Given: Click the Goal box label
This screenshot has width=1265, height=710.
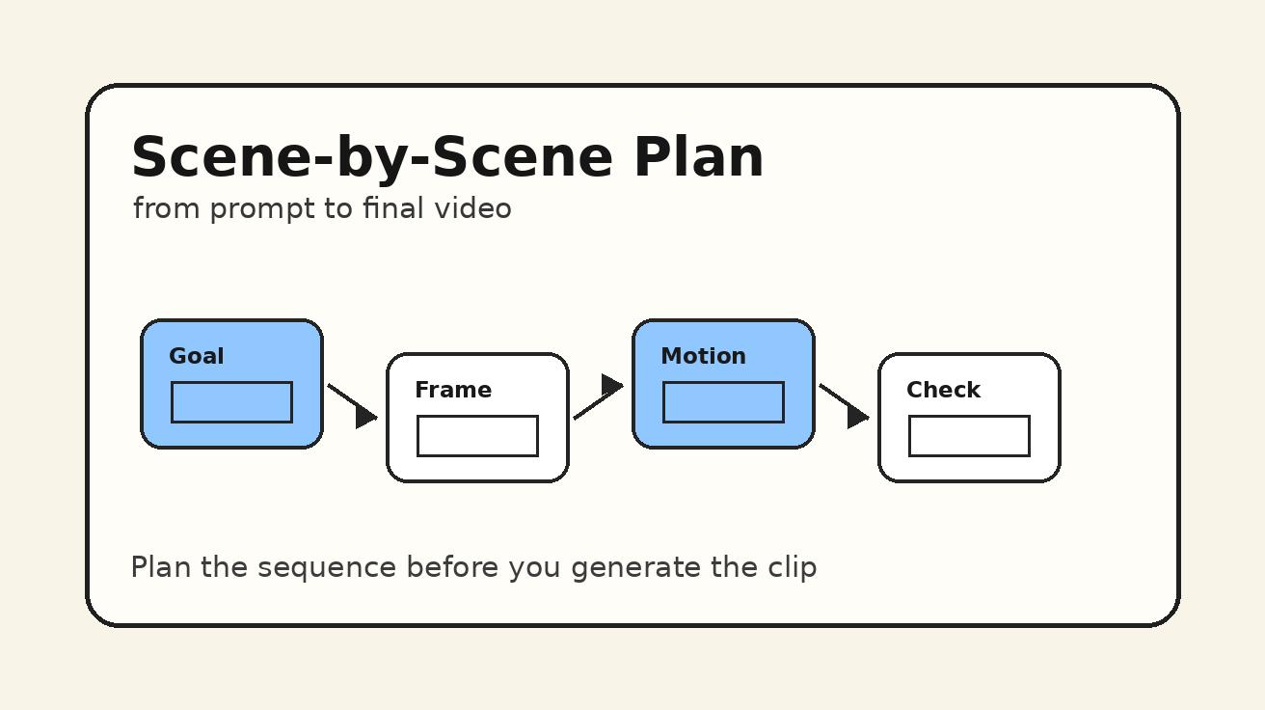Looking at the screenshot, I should pos(197,356).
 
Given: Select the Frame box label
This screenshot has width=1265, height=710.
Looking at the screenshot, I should pos(453,390).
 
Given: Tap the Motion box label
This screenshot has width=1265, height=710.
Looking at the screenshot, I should pos(703,356).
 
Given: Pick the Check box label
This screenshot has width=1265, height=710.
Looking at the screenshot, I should pos(943,390).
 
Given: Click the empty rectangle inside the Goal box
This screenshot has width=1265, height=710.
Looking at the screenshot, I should pos(231,402).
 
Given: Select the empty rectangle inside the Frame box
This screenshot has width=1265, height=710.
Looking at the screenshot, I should pos(477,436).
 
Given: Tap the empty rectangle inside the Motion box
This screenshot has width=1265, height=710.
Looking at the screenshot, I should pos(723,402).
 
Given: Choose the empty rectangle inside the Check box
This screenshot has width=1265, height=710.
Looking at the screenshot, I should pos(969,436).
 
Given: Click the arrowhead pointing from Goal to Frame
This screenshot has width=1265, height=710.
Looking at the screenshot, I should pos(365,416).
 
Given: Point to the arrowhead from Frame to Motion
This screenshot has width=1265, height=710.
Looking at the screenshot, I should pos(611,386).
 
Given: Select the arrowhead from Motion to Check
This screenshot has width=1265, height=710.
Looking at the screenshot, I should pos(857,416).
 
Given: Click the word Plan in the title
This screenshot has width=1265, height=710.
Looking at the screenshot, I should pos(698,156).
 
